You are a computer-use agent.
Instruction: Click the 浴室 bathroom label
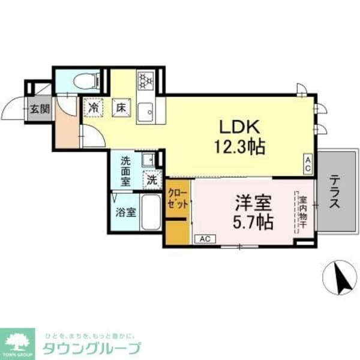tap(125, 212)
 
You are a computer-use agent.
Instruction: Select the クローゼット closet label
tap(178, 199)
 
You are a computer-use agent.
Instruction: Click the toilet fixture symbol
tap(80, 82)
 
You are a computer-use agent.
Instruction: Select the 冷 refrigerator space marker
tap(94, 108)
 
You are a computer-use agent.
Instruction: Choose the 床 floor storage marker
tap(121, 108)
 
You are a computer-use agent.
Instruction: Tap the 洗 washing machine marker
tap(152, 178)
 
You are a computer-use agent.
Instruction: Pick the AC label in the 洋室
tap(205, 239)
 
